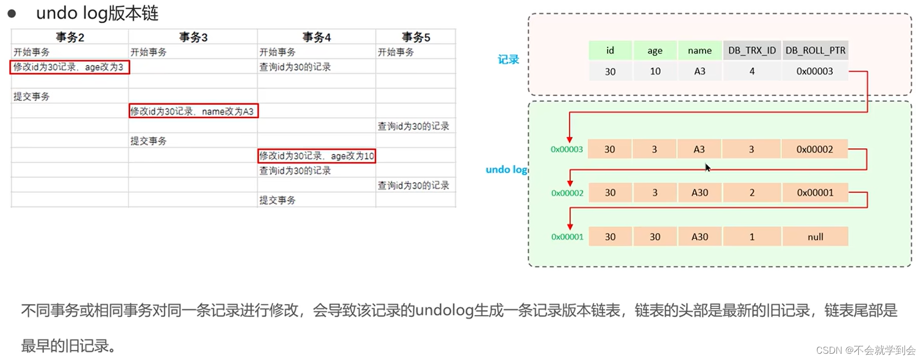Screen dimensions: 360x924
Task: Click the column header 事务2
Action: (70, 37)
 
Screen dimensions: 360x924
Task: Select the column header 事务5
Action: (415, 37)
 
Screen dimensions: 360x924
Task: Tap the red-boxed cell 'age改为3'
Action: (69, 67)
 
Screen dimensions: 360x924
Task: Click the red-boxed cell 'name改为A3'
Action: (193, 111)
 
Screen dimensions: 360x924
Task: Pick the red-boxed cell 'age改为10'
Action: (316, 156)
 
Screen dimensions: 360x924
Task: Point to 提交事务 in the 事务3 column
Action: (149, 141)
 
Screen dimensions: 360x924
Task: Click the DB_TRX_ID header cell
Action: (751, 51)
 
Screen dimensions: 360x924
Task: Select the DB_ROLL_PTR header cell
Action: (815, 51)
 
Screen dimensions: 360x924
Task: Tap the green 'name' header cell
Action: (699, 51)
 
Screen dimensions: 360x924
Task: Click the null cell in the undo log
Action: (815, 237)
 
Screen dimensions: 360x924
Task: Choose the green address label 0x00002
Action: (567, 193)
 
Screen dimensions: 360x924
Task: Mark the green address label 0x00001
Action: (567, 237)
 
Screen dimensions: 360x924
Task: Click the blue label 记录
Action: (508, 59)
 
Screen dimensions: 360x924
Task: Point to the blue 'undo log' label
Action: (507, 169)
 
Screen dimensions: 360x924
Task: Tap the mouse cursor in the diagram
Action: (707, 167)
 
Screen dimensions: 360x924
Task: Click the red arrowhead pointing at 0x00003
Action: (570, 139)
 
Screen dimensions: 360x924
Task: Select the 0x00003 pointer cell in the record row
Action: (815, 71)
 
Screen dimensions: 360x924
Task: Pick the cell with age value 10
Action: (655, 71)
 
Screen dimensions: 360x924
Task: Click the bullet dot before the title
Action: (11, 13)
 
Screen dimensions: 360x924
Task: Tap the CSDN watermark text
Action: (866, 350)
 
